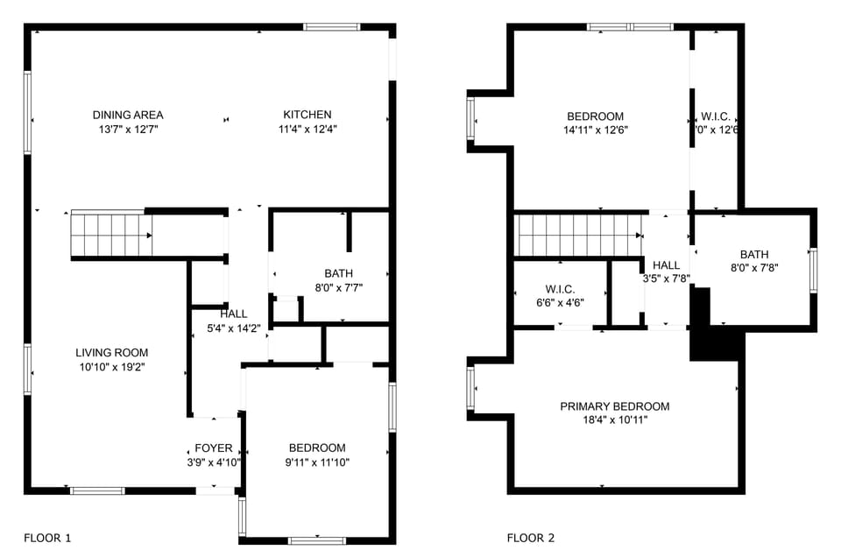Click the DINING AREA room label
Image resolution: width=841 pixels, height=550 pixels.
[128, 115]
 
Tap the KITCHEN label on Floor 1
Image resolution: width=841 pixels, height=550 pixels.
[307, 115]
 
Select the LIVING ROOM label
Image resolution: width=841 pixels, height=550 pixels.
[111, 353]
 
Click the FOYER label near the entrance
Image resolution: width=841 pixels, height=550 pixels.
[214, 448]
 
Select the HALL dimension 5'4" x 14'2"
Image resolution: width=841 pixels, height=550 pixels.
[233, 328]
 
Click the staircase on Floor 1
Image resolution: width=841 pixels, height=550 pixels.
[110, 235]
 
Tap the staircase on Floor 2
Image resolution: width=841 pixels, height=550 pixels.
[578, 236]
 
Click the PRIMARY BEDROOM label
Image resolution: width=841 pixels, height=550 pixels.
[615, 406]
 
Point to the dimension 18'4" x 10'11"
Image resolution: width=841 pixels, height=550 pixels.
[615, 420]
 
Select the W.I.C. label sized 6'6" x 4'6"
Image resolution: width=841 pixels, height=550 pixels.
[560, 289]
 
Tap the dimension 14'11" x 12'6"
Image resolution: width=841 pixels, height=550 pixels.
[595, 130]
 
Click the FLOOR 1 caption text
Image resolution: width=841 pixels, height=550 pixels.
[47, 538]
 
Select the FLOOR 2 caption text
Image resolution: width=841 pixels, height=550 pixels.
[531, 538]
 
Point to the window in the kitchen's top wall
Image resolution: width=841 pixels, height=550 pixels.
[332, 27]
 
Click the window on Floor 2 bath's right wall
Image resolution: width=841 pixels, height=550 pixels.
[813, 270]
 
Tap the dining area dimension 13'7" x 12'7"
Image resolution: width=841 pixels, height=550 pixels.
[128, 129]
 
